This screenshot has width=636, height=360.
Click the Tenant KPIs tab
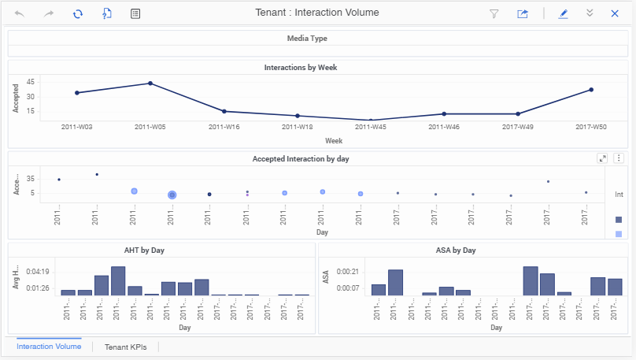(125, 347)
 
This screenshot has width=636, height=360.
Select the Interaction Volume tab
(49, 347)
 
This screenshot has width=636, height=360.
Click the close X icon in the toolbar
(615, 13)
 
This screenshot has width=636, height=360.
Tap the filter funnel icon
(494, 13)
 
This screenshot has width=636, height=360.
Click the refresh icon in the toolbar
(78, 13)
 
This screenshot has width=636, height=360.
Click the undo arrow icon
(20, 13)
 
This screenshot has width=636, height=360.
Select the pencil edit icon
(563, 13)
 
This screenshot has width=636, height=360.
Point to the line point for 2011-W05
(150, 84)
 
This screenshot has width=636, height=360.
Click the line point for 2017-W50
(590, 90)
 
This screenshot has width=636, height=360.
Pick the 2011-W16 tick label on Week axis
(224, 126)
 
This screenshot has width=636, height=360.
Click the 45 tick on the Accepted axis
(30, 82)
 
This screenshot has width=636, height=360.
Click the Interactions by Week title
(301, 68)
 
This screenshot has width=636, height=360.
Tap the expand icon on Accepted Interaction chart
(603, 158)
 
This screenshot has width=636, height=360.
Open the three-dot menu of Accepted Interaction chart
(619, 158)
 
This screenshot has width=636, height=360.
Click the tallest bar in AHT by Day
(118, 280)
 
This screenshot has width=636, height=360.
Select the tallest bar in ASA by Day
(531, 280)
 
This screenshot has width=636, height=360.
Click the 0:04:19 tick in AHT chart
(39, 272)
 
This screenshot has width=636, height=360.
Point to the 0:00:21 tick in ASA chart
(348, 272)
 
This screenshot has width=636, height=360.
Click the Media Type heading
(307, 38)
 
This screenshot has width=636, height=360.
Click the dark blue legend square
(618, 220)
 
